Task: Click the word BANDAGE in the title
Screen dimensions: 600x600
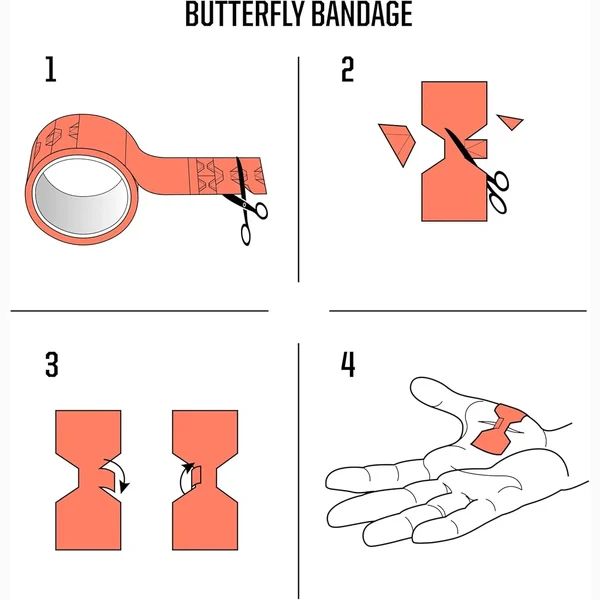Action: click(x=362, y=15)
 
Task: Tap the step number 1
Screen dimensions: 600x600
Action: click(x=51, y=69)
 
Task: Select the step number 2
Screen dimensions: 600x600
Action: click(x=347, y=69)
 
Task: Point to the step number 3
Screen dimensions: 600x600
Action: click(x=52, y=365)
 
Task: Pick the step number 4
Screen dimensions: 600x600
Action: click(x=348, y=365)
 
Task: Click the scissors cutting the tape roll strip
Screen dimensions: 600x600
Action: click(x=246, y=202)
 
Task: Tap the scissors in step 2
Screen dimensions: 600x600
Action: click(x=481, y=171)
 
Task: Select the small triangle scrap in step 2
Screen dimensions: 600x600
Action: click(x=510, y=121)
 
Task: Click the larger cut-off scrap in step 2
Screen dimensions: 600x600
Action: click(x=399, y=142)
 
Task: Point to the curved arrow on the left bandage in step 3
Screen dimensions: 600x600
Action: click(x=121, y=474)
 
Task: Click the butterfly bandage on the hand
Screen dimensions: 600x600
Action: click(x=498, y=429)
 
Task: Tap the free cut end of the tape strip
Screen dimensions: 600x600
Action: click(x=262, y=175)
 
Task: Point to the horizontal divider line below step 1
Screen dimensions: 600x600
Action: click(x=140, y=311)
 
